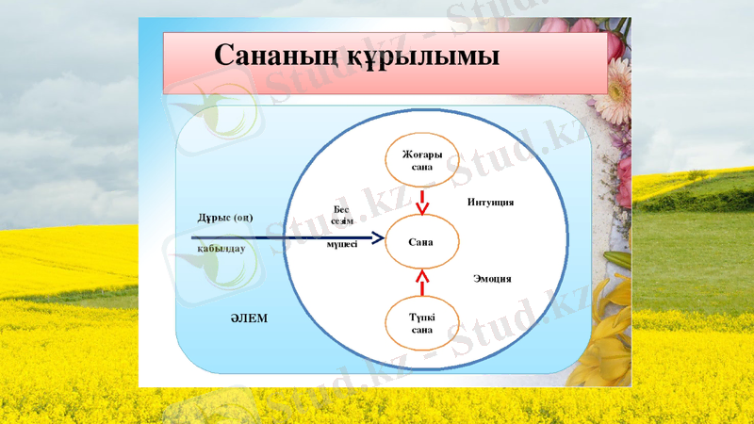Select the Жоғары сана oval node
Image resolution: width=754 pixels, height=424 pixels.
[x=421, y=160]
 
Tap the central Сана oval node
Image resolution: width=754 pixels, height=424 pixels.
[x=421, y=242]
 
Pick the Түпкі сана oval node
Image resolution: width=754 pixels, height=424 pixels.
[x=421, y=323]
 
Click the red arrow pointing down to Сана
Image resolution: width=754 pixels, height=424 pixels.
[x=422, y=201]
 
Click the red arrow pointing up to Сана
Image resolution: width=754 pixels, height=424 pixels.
[x=422, y=281]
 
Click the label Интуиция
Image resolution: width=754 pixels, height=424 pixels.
[x=490, y=202]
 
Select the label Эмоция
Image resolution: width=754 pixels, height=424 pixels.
[x=491, y=279]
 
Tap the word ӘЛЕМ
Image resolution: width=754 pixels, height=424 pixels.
[x=249, y=318]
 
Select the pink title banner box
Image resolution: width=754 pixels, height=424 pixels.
[x=385, y=62]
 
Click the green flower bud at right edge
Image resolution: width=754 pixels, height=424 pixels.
[x=616, y=260]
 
